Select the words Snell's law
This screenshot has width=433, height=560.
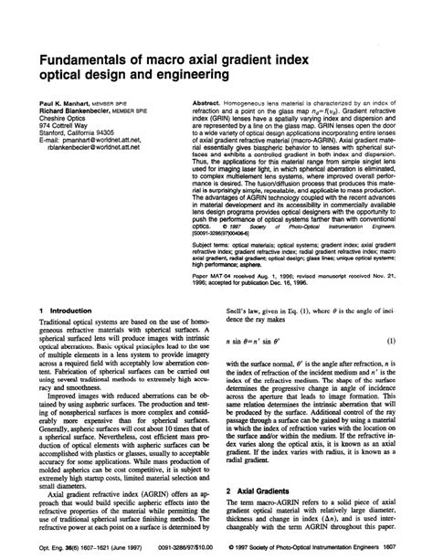[x=245, y=311]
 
